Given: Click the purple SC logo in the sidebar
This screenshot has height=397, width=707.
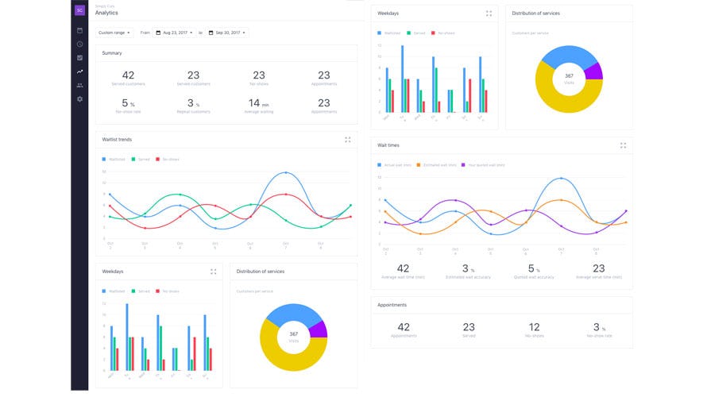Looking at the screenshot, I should coord(79,10).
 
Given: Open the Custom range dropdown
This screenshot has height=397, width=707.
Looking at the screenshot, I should coord(115,33).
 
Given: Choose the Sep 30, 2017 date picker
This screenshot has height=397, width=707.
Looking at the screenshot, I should coord(228,33).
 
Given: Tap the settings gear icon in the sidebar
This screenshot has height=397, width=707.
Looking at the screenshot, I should coord(79,98).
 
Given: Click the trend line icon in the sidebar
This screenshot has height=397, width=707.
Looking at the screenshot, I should coord(79,71).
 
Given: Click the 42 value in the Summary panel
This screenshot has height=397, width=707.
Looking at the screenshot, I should coord(128,75).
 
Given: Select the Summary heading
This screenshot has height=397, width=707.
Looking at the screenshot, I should coord(112,53).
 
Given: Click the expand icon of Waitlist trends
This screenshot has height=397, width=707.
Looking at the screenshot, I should coord(348,140).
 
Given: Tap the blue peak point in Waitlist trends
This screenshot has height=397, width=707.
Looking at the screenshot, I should coord(286,172).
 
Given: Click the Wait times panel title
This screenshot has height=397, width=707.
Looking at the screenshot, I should coord(388,145).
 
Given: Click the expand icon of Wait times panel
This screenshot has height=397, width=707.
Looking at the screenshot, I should coord(624,145).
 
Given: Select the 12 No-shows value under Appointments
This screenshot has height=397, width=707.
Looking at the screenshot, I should coord(534,327).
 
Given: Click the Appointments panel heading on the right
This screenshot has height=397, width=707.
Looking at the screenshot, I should coord(392,305).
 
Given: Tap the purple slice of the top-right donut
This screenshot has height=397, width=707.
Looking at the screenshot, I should coord(593,72).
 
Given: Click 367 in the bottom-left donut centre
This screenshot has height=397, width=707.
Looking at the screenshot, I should coord(293,333).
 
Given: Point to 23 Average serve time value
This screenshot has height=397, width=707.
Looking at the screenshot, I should coord(598,268).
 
